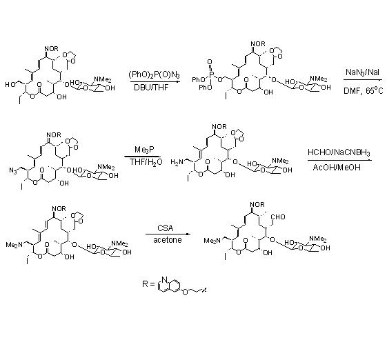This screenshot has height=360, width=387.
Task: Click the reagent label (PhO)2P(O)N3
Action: pos(155,74)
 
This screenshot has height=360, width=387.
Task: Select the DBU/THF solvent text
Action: pos(151,88)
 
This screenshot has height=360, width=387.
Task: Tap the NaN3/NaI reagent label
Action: pos(362,72)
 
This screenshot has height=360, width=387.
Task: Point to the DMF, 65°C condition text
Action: pos(364,90)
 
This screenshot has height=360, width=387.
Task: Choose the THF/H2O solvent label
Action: pos(146,162)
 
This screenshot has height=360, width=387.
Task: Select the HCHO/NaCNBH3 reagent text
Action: pos(339,152)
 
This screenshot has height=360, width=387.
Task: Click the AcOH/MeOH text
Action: pos(337,168)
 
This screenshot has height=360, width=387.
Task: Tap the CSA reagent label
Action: pos(166,228)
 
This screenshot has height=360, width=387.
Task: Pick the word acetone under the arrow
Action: pos(168,240)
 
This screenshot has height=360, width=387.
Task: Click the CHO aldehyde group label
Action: pos(278,217)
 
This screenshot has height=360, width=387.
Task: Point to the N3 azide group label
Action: pos(13,170)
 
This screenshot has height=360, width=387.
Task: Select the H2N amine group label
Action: pos(177,162)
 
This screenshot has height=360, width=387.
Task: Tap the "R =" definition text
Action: pos(148,283)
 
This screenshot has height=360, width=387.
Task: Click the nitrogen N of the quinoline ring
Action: pos(165,279)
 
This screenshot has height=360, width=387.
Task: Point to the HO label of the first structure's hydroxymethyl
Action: pos(10,85)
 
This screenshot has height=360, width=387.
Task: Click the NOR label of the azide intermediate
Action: pos(54,135)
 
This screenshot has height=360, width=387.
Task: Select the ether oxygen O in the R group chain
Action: pos(185,292)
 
